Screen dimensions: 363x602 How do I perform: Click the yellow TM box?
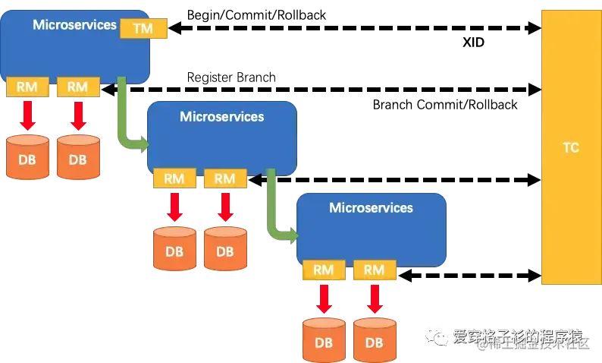142,28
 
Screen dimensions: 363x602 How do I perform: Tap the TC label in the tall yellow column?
570,147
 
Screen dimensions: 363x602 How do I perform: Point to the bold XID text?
473,43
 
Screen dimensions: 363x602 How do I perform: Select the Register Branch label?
231,77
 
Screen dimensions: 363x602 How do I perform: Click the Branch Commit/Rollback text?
445,105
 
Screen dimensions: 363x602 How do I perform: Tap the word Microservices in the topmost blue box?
74,25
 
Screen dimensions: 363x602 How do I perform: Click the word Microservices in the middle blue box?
221,116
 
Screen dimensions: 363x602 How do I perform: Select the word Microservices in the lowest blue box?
371,207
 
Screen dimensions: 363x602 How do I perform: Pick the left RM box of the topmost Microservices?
27,87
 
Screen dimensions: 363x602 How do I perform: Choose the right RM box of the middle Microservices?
225,178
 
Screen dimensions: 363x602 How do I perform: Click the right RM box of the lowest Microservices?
375,270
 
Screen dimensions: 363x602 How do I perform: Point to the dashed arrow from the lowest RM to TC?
470,273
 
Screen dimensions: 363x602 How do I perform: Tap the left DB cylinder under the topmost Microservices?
27,156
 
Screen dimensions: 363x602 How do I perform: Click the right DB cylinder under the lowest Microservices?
375,339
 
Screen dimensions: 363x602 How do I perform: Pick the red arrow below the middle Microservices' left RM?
174,207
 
